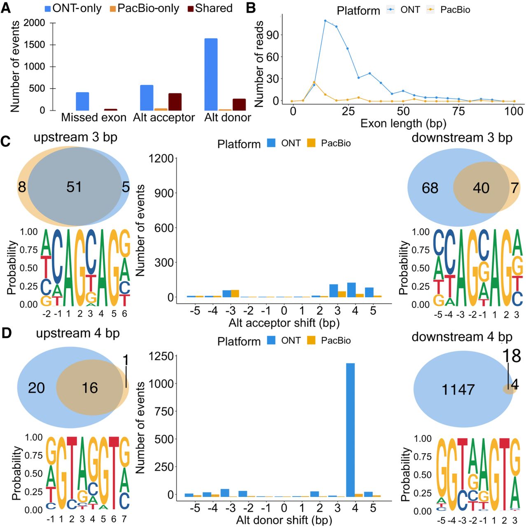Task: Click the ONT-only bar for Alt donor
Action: (211, 74)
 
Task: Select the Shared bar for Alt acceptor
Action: (175, 102)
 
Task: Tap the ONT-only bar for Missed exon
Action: (82, 101)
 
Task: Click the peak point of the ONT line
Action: (325, 21)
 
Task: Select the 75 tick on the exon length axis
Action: (458, 111)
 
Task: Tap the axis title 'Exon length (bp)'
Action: (403, 124)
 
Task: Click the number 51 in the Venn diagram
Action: (74, 187)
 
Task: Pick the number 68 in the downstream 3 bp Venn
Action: (430, 188)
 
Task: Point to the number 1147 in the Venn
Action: (458, 389)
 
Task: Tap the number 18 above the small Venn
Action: (512, 356)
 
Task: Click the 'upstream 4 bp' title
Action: (77, 333)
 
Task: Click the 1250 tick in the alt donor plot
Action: (162, 357)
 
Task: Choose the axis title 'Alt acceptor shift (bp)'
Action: (284, 323)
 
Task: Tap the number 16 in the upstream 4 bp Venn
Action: (90, 388)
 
